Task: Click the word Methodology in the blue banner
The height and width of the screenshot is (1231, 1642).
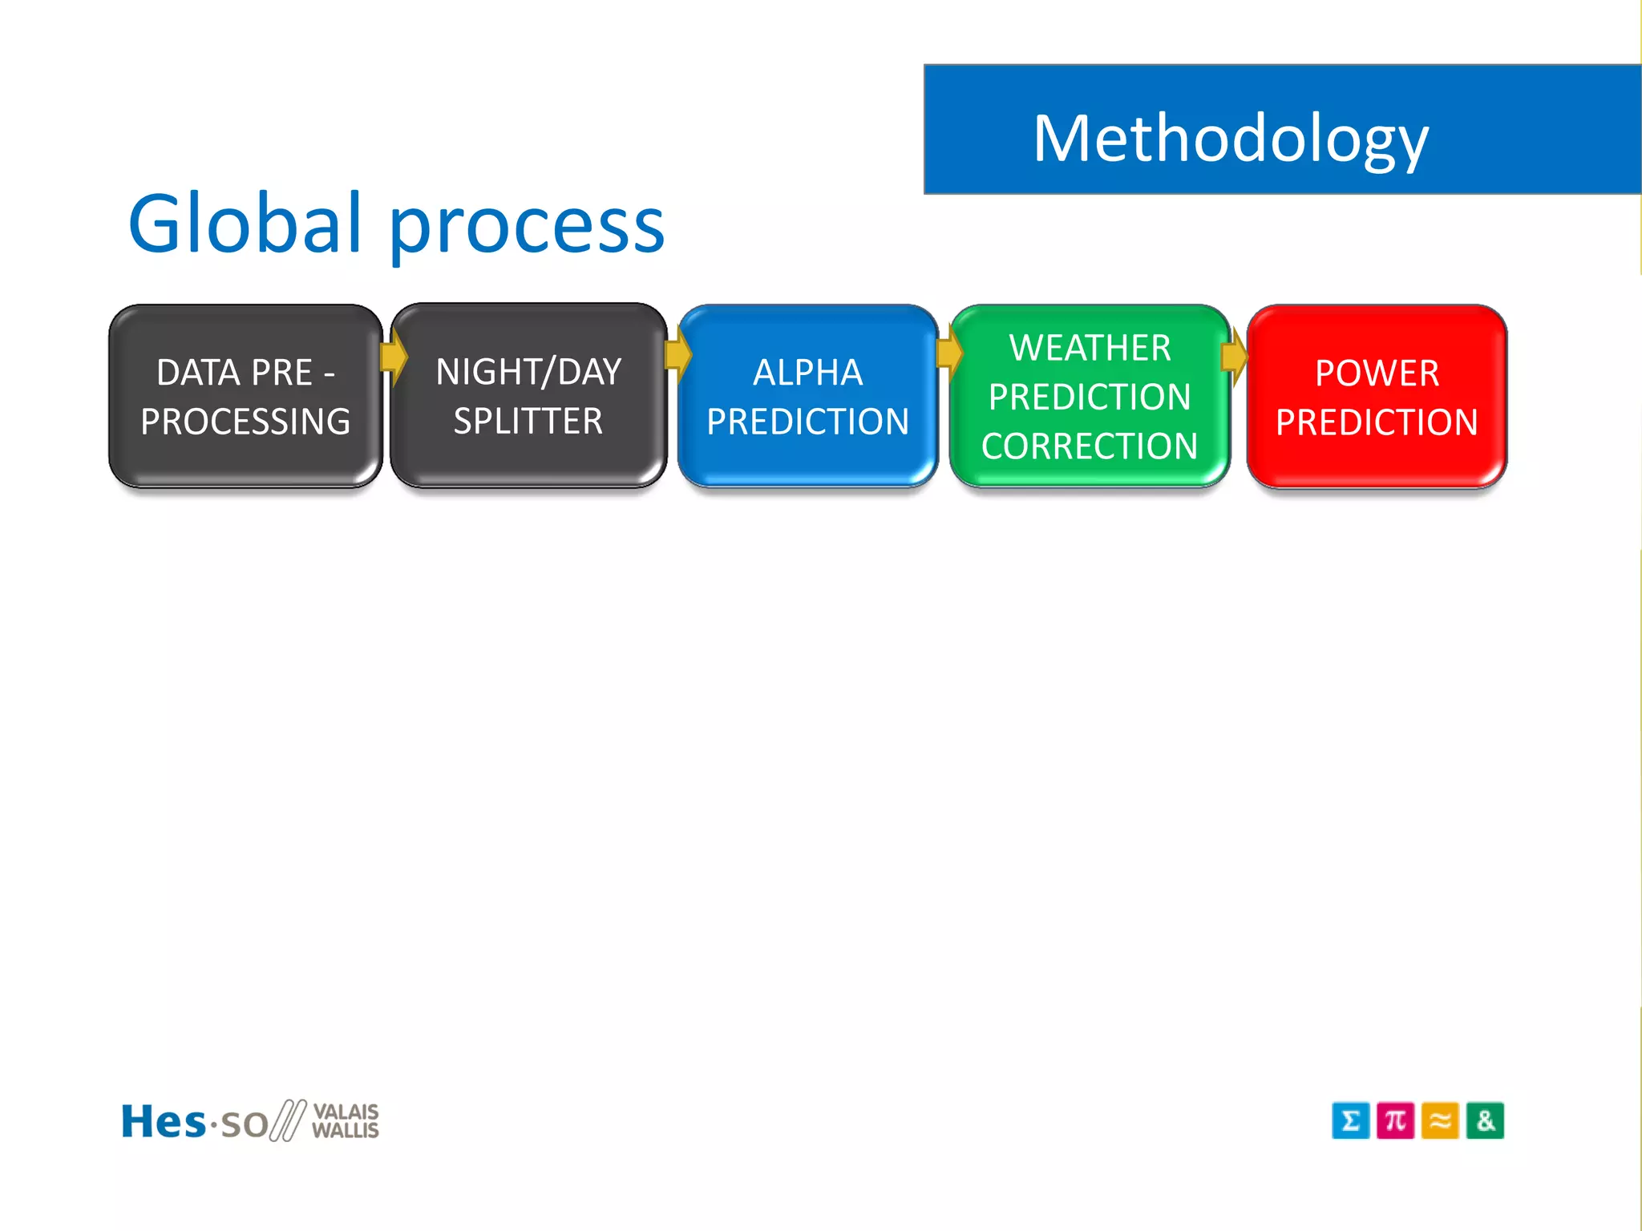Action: [1230, 139]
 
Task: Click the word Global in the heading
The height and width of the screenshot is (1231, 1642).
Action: [245, 224]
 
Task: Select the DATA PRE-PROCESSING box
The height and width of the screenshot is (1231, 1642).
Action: [245, 396]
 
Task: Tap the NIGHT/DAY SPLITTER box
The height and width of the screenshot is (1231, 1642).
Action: [528, 396]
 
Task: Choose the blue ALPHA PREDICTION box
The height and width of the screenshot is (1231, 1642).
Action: [807, 396]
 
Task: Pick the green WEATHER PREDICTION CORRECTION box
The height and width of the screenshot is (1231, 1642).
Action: [1089, 396]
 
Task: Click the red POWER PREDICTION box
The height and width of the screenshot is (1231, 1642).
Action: [1377, 396]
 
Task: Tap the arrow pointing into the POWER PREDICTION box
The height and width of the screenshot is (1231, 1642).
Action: [1235, 355]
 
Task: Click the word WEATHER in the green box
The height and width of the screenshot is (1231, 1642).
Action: [1090, 348]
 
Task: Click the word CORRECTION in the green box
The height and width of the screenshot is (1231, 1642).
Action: [1090, 446]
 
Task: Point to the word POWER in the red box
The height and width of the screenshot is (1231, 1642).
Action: [1377, 373]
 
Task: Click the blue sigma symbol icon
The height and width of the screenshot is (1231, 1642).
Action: [1350, 1120]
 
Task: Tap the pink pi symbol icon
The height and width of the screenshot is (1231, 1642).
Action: [1395, 1120]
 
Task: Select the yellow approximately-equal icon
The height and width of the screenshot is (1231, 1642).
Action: [1440, 1120]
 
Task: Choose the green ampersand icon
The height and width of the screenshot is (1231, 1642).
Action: [1485, 1120]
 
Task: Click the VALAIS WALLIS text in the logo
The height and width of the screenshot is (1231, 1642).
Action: [345, 1120]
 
